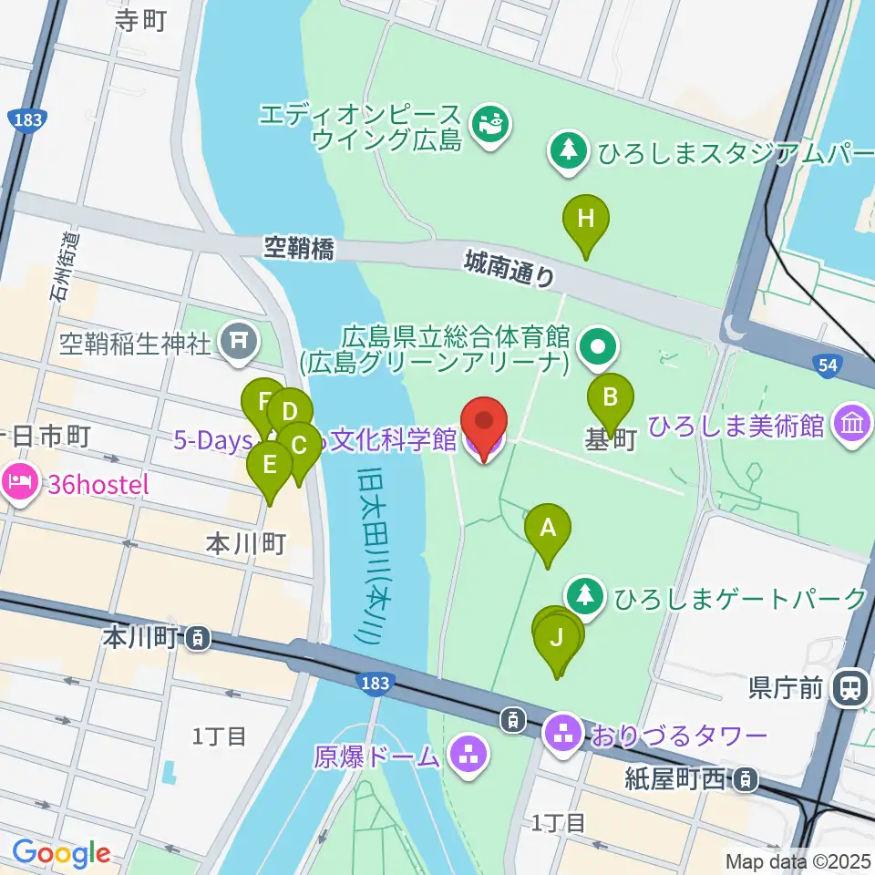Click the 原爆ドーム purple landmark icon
pyautogui.click(x=471, y=756)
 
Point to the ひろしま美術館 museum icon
pyautogui.click(x=852, y=425)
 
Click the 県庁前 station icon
pyautogui.click(x=852, y=685)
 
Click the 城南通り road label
pyautogui.click(x=510, y=269)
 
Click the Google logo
pyautogui.click(x=61, y=852)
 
